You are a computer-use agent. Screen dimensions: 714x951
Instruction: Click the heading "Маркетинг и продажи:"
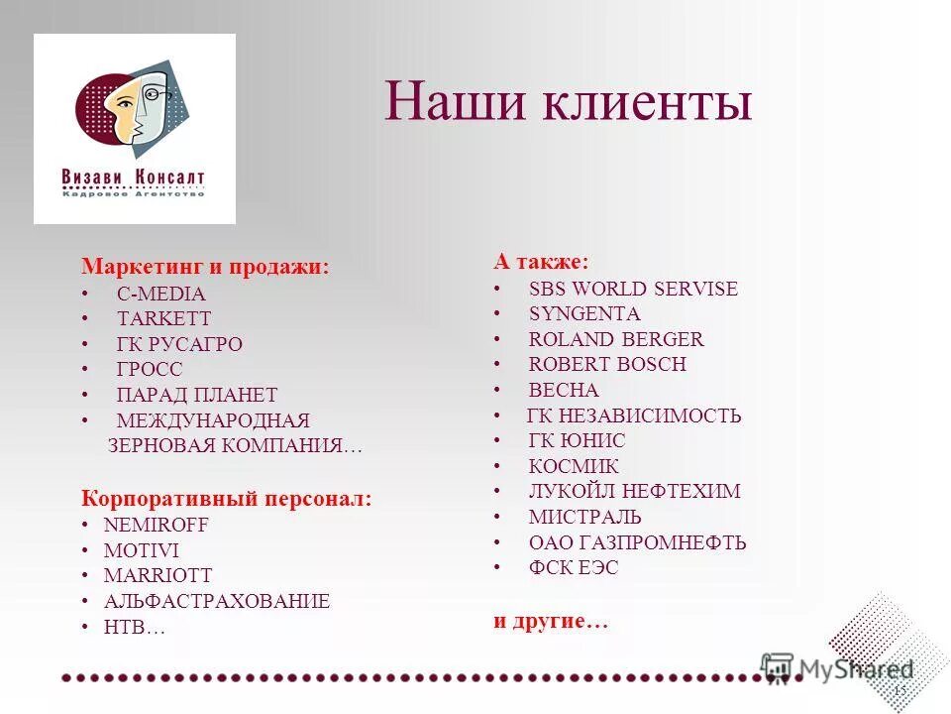[x=205, y=267]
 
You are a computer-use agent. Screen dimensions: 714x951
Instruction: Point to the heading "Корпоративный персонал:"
[x=227, y=498]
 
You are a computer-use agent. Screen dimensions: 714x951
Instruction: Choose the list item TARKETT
[x=163, y=319]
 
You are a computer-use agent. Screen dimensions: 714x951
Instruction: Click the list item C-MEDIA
[x=160, y=294]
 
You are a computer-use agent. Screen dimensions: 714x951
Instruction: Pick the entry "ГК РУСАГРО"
[x=179, y=345]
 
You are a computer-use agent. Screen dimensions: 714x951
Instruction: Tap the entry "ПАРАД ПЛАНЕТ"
[x=196, y=395]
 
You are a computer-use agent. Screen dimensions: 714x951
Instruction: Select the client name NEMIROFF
[x=157, y=525]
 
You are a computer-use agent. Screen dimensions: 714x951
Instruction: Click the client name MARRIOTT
[x=158, y=575]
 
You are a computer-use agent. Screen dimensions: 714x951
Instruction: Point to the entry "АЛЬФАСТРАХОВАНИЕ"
[x=217, y=601]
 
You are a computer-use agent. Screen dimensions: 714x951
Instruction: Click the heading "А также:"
[x=541, y=262]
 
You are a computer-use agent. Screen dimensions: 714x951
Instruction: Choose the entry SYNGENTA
[x=584, y=313]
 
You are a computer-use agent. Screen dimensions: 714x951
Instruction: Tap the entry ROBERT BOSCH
[x=607, y=364]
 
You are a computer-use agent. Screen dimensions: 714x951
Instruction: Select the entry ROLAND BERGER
[x=616, y=339]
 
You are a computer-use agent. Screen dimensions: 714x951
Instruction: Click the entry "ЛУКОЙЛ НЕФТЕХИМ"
[x=634, y=491]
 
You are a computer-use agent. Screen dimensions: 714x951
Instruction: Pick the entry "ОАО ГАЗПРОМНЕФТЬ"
[x=637, y=542]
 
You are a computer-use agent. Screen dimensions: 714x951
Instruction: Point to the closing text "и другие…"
[x=551, y=622]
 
